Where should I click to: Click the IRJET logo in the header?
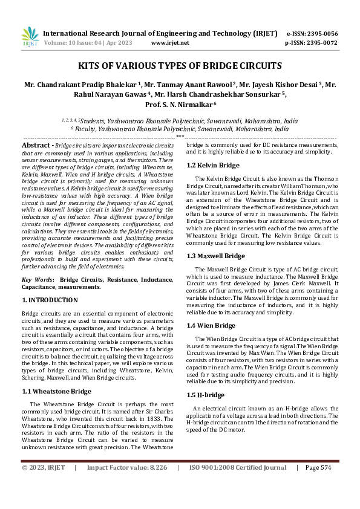click(30, 37)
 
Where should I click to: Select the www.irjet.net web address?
click(170, 43)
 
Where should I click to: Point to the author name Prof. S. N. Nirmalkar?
click(180, 104)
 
